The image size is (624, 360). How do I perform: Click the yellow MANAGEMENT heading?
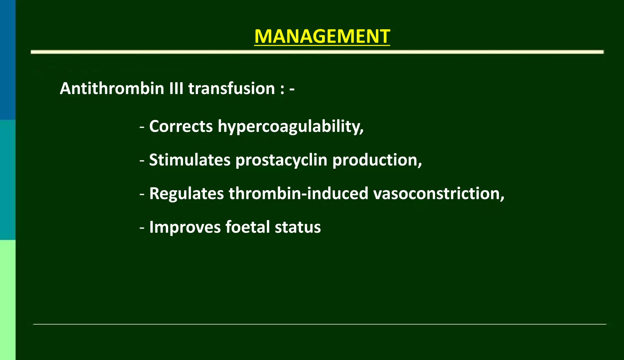(322, 37)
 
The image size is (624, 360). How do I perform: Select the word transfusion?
(232, 89)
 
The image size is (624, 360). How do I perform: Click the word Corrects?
(181, 126)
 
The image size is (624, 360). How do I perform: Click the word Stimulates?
(190, 160)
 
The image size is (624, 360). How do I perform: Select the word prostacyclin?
(281, 160)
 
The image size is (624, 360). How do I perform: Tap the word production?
(377, 160)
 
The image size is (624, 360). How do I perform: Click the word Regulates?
(186, 193)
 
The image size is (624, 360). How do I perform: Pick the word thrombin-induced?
(298, 193)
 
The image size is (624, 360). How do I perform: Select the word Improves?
(185, 227)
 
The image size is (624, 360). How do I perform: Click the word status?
(298, 227)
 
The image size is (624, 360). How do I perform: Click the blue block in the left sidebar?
(8, 59)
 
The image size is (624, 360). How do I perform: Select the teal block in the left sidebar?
(8, 180)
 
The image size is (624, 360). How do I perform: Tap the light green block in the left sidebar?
(8, 300)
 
